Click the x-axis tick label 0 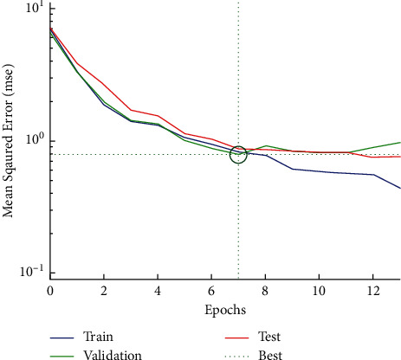click(x=50, y=288)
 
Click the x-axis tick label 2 click(x=104, y=288)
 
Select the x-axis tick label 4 click(x=158, y=288)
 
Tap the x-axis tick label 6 click(x=211, y=288)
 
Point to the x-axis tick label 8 click(x=265, y=288)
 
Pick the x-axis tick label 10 click(x=320, y=288)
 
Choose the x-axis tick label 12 click(x=373, y=288)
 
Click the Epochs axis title click(x=225, y=308)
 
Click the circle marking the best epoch click(x=238, y=154)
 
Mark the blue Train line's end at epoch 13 click(x=400, y=188)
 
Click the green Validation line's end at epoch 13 click(x=400, y=142)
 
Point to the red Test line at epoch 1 click(x=77, y=62)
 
